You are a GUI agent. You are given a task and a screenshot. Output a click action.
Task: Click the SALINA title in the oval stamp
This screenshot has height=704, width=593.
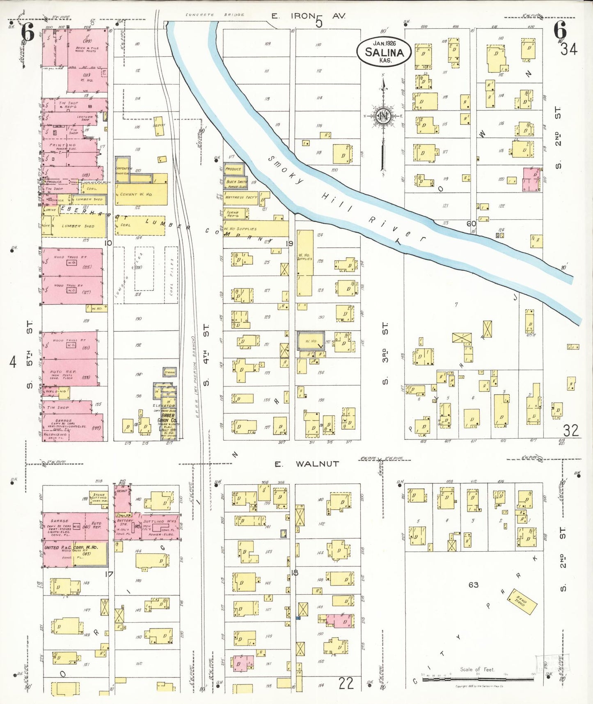tap(384, 53)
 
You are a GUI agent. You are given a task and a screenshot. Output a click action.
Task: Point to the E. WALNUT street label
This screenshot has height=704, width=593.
tap(307, 464)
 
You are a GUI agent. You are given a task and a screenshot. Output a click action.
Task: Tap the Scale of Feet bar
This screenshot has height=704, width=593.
tap(478, 680)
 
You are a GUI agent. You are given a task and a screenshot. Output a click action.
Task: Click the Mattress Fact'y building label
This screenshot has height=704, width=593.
tap(240, 198)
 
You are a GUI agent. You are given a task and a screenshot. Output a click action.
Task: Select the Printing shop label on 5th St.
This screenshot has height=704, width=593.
tap(63, 145)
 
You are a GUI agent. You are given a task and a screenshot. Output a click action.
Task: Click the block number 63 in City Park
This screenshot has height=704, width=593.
tap(473, 584)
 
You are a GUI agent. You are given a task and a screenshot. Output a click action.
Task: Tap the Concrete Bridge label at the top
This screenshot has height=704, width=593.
tap(215, 15)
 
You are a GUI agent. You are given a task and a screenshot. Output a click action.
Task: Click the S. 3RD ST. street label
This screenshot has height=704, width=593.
tap(385, 354)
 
